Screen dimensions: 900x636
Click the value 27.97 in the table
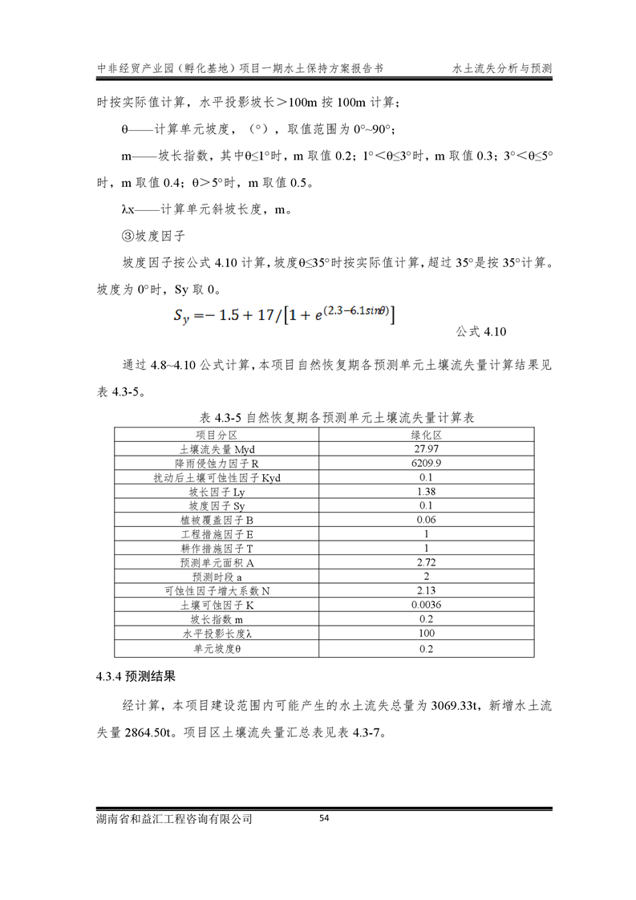pos(427,449)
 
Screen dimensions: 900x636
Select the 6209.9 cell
pos(427,464)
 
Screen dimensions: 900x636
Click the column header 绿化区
pos(427,435)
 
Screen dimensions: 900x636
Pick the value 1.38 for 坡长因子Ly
pos(427,492)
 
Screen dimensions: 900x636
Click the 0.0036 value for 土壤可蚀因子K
pos(427,605)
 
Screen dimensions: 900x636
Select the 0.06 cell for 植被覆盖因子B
pos(427,521)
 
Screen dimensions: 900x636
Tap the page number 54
pos(325,818)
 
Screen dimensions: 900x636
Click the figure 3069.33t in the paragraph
pos(455,707)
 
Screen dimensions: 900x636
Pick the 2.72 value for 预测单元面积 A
pos(427,562)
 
